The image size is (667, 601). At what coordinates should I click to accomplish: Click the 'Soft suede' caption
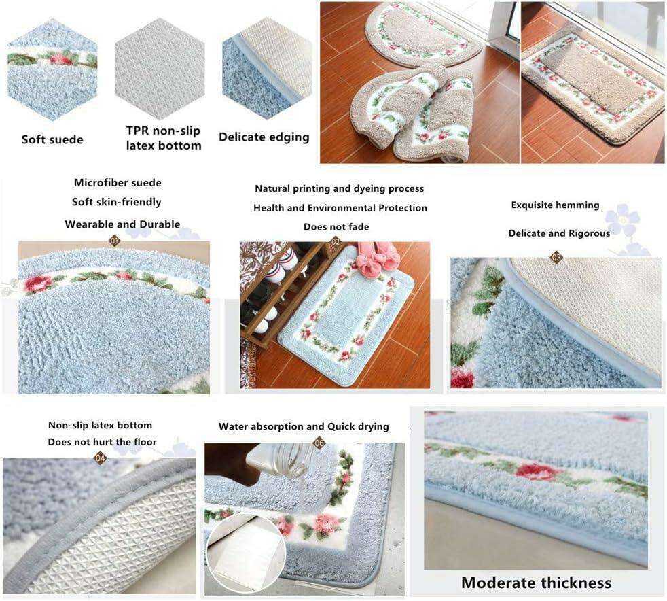52,139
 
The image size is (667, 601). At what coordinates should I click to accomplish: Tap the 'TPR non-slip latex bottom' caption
164,138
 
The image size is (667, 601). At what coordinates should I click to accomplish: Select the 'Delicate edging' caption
264,137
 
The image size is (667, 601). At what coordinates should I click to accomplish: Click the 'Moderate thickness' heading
537,582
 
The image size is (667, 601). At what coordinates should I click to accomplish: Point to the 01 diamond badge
115,241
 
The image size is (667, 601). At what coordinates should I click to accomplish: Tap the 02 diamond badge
336,242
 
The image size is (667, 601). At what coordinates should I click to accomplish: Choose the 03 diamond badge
556,257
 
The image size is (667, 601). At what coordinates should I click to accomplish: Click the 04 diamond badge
100,458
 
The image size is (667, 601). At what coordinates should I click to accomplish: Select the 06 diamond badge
319,443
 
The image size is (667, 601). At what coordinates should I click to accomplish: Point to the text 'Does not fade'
336,227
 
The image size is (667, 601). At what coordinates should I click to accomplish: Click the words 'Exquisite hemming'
555,205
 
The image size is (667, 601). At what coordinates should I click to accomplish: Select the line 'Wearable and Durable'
122,224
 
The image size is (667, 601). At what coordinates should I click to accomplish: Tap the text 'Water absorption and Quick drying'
304,426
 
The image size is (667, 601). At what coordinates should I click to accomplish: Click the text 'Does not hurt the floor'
102,442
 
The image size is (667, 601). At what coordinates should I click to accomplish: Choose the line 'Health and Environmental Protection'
340,208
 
